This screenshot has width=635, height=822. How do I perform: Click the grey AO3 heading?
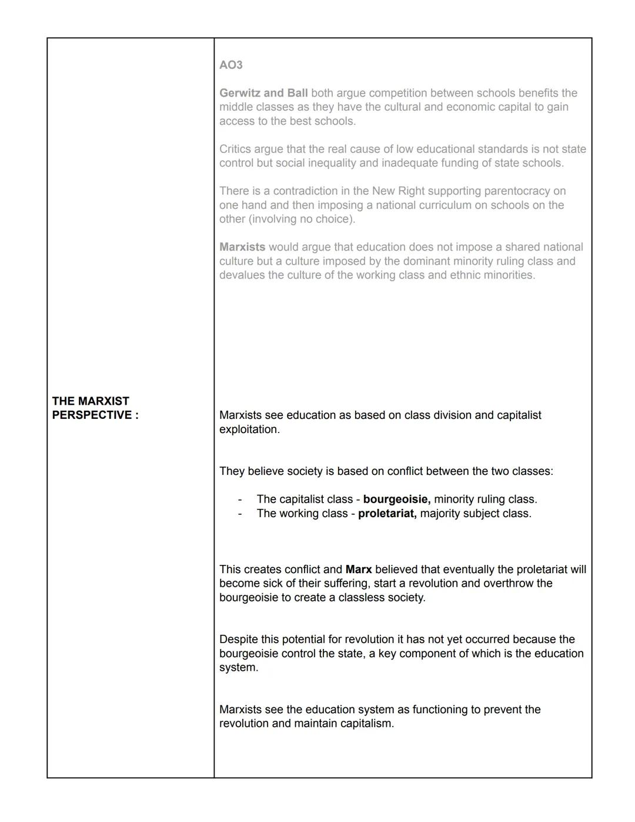click(x=230, y=65)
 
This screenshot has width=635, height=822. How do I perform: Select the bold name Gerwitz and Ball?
click(x=263, y=93)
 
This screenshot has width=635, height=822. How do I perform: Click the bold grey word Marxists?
click(x=242, y=247)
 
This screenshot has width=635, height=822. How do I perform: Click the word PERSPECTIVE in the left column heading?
click(x=91, y=415)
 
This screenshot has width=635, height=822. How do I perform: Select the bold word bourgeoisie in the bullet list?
click(x=396, y=499)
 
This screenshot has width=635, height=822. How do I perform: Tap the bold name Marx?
click(x=358, y=569)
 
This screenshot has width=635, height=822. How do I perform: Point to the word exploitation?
click(x=248, y=429)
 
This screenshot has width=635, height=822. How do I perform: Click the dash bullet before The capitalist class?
click(x=240, y=499)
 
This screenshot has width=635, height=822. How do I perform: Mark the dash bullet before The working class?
click(x=240, y=513)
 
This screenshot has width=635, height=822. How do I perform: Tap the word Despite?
click(x=238, y=639)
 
